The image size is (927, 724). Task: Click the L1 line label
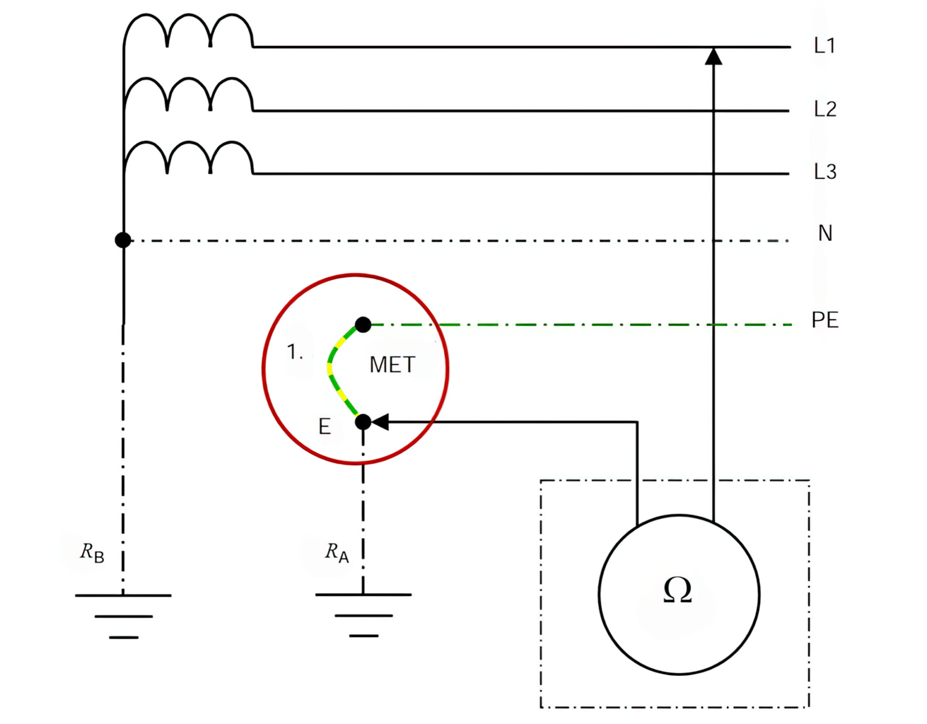pos(824,45)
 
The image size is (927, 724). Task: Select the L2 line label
pos(824,109)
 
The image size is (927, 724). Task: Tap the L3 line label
pos(824,172)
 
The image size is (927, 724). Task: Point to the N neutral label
pos(825,233)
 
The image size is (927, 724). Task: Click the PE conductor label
pos(824,320)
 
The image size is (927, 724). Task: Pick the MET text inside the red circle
pos(392,365)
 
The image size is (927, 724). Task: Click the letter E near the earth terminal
pos(325,427)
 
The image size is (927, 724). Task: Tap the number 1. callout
pos(295,352)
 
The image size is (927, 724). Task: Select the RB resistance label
pos(92,552)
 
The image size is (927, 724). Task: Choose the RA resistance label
pos(337,552)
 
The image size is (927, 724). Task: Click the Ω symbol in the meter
pos(677,590)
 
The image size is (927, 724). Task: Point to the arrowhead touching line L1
pos(713,56)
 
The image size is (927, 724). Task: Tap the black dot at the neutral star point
pos(123,240)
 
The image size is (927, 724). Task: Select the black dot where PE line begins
pos(363,325)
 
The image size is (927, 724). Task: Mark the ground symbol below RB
pos(123,615)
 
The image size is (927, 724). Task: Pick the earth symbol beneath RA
pos(363,614)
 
